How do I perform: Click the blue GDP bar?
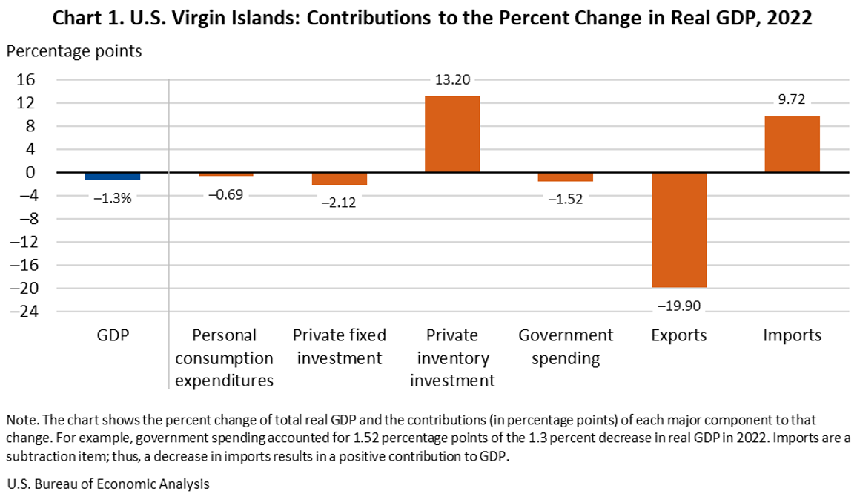click(113, 176)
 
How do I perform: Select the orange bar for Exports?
click(678, 230)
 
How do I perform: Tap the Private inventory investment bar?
click(452, 134)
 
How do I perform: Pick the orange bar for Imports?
click(792, 145)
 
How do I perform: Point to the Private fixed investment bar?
click(339, 179)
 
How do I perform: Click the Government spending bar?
click(565, 177)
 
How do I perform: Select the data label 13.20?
click(452, 80)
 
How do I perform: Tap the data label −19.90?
click(678, 305)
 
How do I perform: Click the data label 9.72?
click(792, 99)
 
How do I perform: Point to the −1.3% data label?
click(113, 197)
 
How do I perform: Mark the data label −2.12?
click(339, 202)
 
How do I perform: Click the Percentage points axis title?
click(74, 51)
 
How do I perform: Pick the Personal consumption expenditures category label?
click(225, 358)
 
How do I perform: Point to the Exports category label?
click(678, 335)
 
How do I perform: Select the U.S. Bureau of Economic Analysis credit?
click(108, 484)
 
